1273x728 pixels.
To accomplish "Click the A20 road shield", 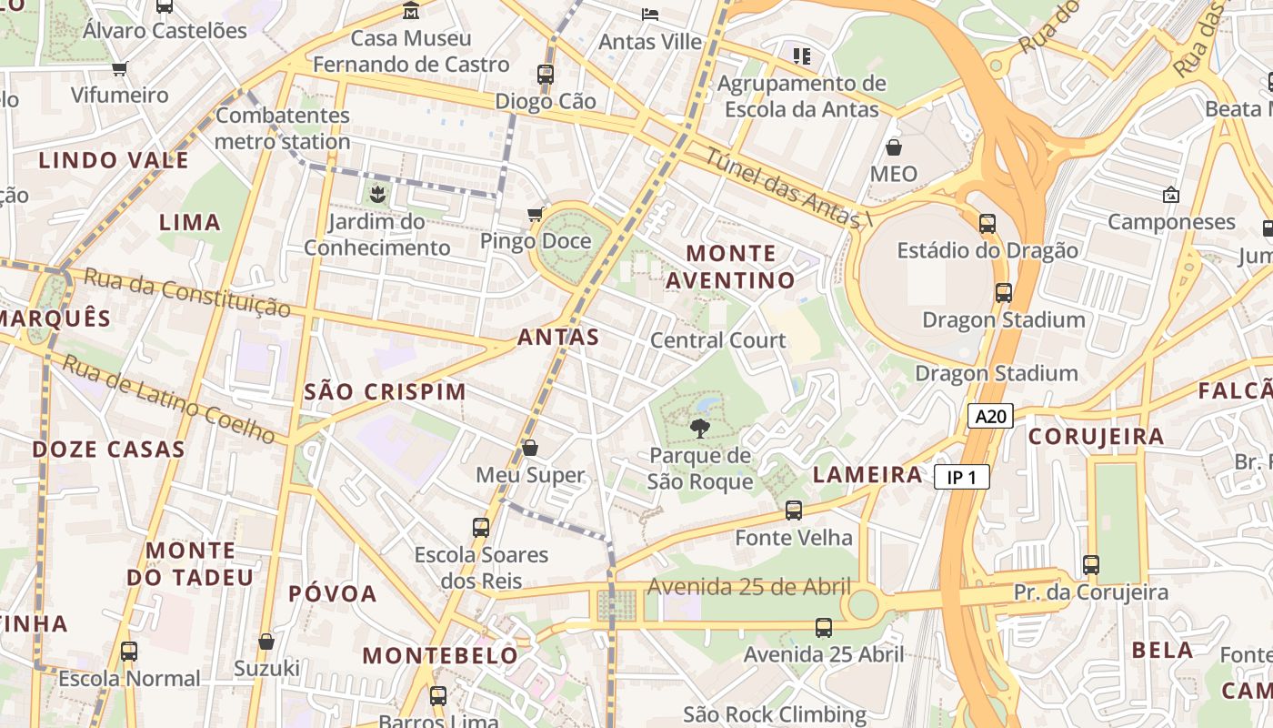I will tap(989, 417).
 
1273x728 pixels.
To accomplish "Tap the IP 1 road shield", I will tap(961, 477).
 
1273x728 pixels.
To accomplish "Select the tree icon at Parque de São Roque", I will tap(699, 428).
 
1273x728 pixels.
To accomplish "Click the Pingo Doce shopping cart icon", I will tap(536, 214).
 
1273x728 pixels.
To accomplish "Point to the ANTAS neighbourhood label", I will tap(558, 338).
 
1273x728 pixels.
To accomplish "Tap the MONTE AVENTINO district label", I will tap(731, 267).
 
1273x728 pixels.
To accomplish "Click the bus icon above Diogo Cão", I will tap(546, 75).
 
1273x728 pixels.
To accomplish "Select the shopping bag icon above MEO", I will tap(894, 147).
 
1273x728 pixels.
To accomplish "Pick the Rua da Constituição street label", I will tap(187, 292).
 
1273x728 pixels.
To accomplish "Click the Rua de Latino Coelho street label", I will tap(169, 400).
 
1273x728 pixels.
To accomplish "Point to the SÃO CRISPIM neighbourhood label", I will tap(385, 392).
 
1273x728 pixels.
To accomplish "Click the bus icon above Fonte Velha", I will tap(794, 511).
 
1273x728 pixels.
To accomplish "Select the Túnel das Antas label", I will tap(787, 188).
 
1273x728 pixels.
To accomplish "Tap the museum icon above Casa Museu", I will tap(411, 11).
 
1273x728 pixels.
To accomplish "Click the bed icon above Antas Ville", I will tap(650, 15).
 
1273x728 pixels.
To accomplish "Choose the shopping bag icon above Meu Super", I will tap(530, 448).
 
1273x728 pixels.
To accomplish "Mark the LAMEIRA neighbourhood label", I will tap(867, 474).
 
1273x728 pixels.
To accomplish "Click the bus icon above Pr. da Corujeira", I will tap(1091, 565).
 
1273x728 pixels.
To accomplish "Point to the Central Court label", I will tap(718, 340).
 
